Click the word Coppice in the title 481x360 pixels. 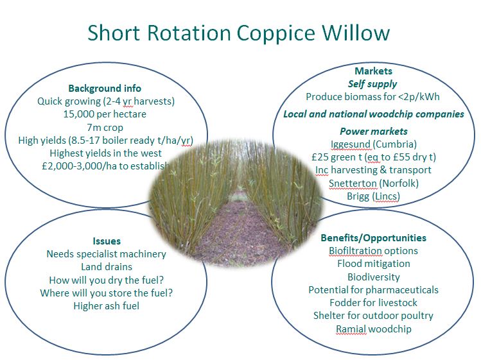pos(275,33)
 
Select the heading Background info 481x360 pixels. pos(105,89)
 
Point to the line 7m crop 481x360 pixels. pos(105,127)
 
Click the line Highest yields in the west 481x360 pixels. pos(105,153)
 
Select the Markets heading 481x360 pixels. pos(373,71)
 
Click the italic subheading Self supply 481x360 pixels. pos(372,84)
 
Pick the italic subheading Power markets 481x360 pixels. pos(374,132)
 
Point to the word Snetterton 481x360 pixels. pos(353,184)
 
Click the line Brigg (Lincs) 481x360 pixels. pos(373,196)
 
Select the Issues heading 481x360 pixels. pos(107,241)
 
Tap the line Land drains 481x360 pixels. pos(107,267)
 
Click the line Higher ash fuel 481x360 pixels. pos(106,305)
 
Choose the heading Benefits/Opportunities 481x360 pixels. pos(373,238)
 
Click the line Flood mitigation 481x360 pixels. pos(374,264)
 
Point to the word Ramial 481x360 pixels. pos(351,329)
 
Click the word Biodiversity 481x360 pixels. pos(374,277)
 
